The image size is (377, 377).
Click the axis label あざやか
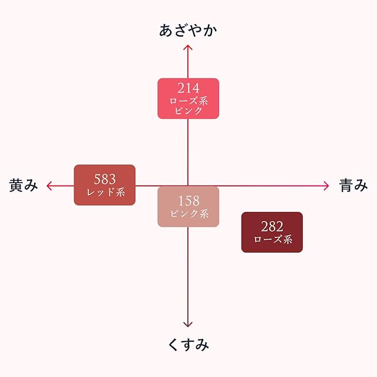pyautogui.click(x=188, y=31)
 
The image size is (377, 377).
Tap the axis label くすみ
pyautogui.click(x=188, y=345)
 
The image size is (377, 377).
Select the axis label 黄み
pyautogui.click(x=24, y=186)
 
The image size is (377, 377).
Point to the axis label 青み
pyautogui.click(x=353, y=186)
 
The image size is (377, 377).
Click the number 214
pyautogui.click(x=188, y=89)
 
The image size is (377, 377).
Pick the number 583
pyautogui.click(x=104, y=178)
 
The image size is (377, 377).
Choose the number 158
pyautogui.click(x=188, y=201)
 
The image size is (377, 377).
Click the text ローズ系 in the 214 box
pyautogui.click(x=188, y=101)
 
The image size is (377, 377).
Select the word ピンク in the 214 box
pyautogui.click(x=188, y=110)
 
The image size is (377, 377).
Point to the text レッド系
pyautogui.click(x=104, y=191)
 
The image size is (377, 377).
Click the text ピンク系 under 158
pyautogui.click(x=188, y=214)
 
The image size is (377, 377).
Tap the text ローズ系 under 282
pyautogui.click(x=272, y=240)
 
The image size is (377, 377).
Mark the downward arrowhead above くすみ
pyautogui.click(x=188, y=323)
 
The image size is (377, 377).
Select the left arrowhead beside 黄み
pyautogui.click(x=49, y=186)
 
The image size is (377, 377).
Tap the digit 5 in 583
pyautogui.click(x=97, y=178)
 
